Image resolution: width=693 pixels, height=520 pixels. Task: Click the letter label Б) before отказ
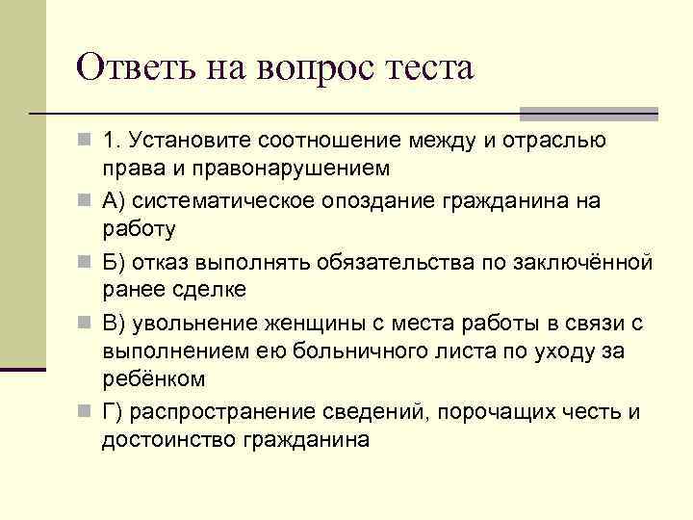(x=115, y=263)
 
